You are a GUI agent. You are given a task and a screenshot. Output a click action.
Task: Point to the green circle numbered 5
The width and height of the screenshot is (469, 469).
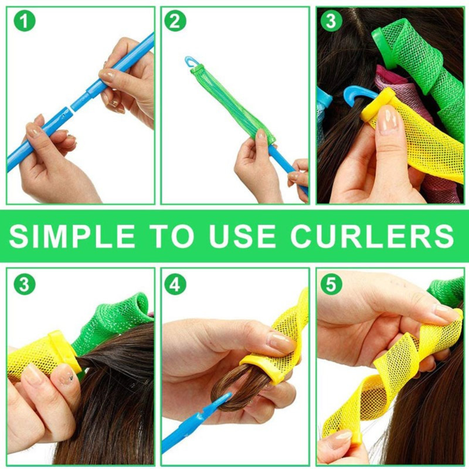(331, 285)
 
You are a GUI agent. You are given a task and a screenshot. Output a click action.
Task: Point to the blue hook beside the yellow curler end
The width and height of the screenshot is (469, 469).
(355, 94)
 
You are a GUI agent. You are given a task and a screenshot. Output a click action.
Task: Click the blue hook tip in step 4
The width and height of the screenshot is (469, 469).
(225, 398)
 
